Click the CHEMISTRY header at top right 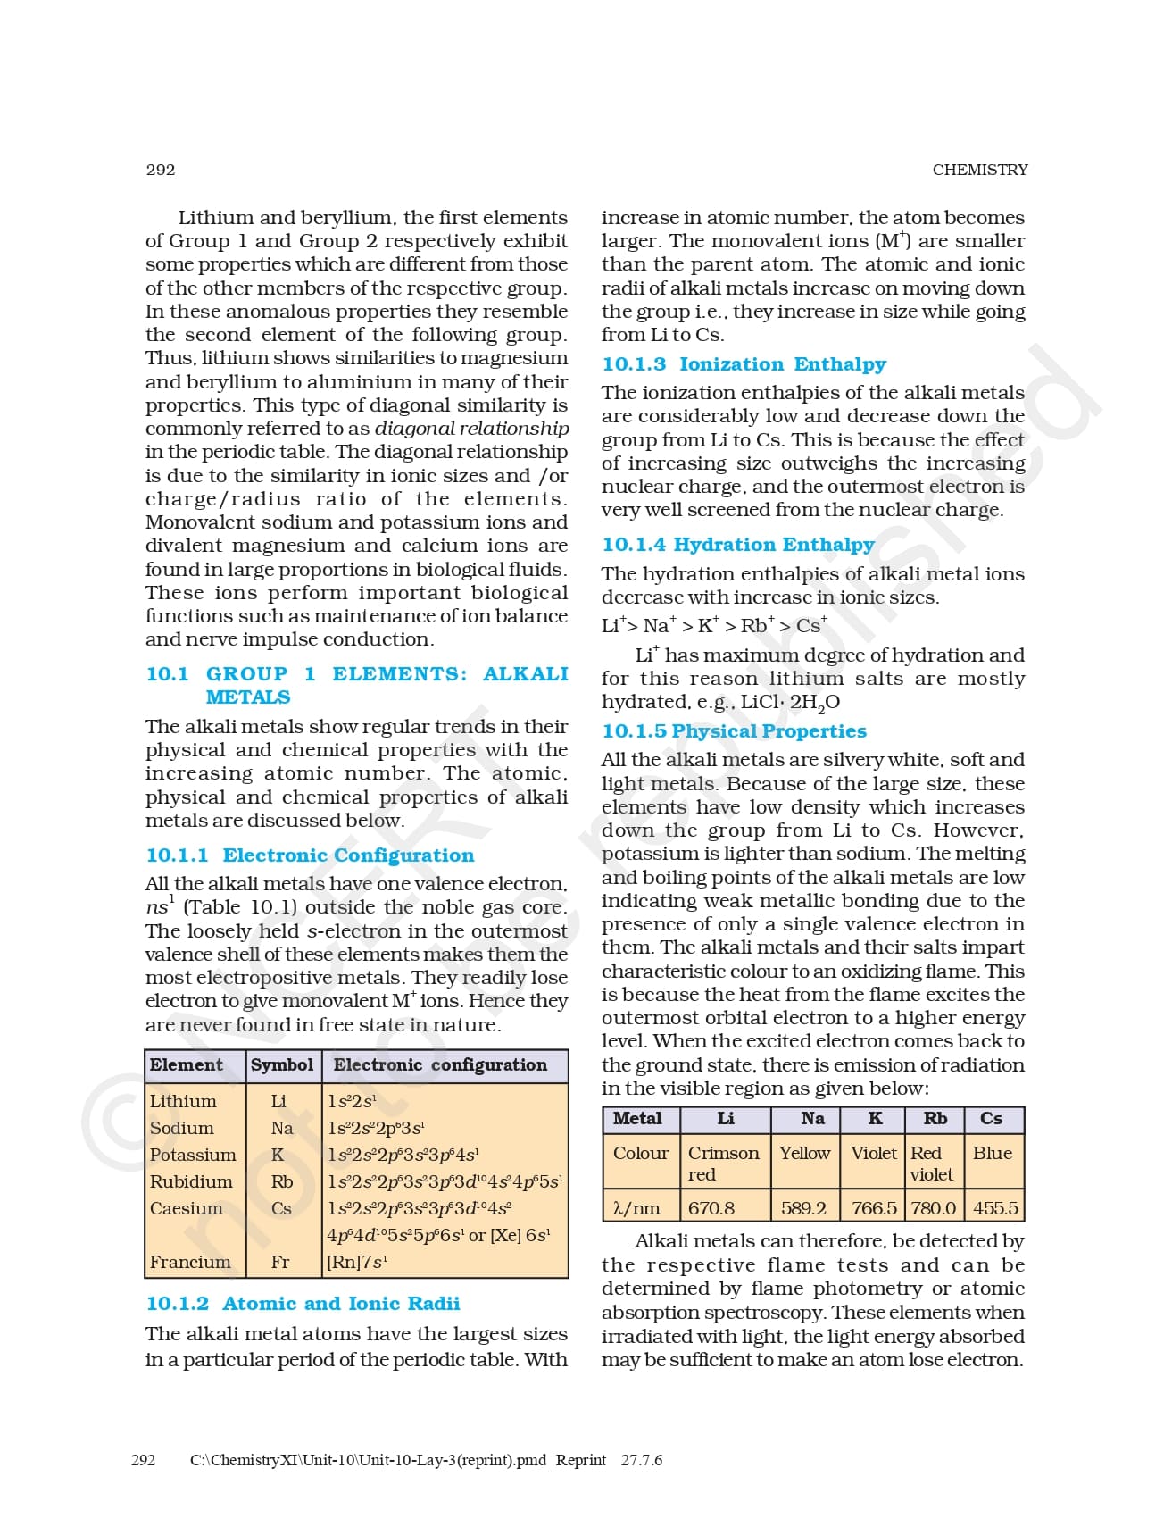(979, 170)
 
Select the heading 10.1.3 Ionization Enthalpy (744, 364)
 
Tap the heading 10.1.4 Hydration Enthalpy (737, 545)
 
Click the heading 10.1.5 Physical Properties (734, 731)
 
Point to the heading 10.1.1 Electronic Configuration (310, 855)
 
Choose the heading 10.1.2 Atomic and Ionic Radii (303, 1304)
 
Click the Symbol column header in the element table (282, 1065)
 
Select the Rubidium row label (191, 1181)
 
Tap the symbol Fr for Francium (280, 1262)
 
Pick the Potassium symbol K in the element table (278, 1155)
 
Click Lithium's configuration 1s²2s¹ (352, 1101)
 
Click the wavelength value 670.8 (711, 1208)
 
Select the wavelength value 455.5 (995, 1208)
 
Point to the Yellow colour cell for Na (804, 1153)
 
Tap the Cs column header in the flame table (991, 1119)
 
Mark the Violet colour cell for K (873, 1153)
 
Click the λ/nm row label (636, 1208)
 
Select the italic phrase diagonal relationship (471, 429)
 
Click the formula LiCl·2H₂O (790, 703)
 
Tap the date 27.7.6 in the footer (642, 1460)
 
